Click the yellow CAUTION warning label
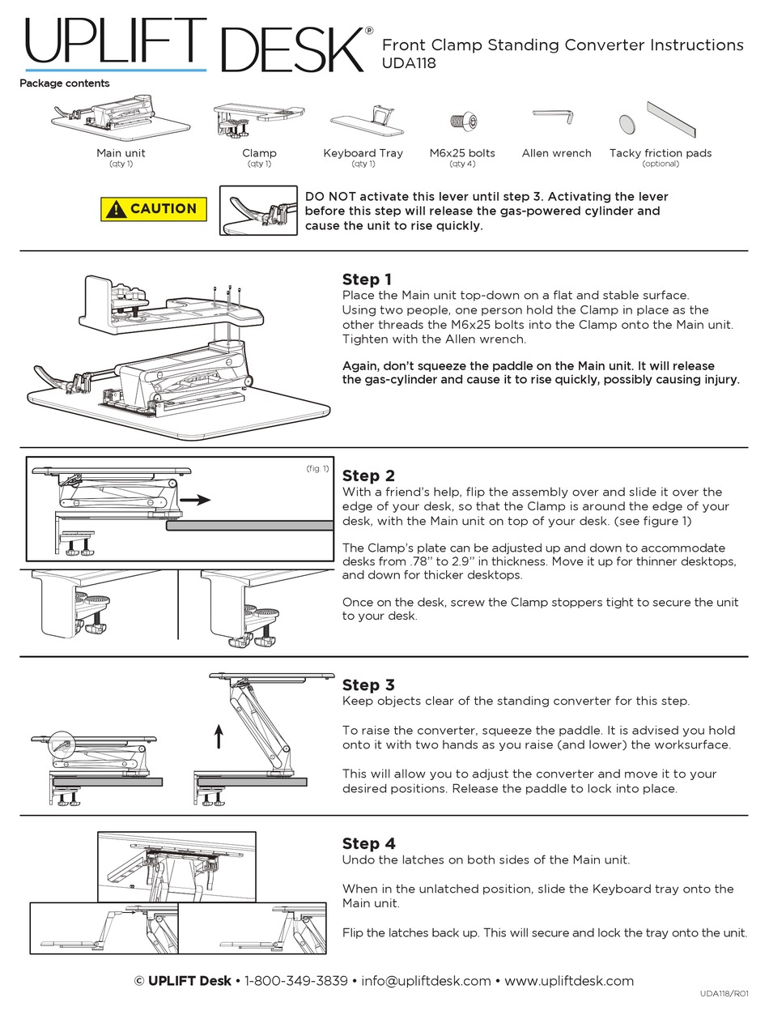pyautogui.click(x=154, y=209)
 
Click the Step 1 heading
pyautogui.click(x=368, y=279)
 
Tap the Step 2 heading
pyautogui.click(x=368, y=476)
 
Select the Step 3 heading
pyautogui.click(x=368, y=685)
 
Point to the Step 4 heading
pyautogui.click(x=368, y=843)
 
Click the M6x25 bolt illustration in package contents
pyautogui.click(x=461, y=122)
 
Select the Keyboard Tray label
pyautogui.click(x=363, y=153)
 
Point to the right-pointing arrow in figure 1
pyautogui.click(x=194, y=501)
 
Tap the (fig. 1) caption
pyautogui.click(x=317, y=469)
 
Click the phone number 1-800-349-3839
pyautogui.click(x=295, y=981)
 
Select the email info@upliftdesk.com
pyautogui.click(x=426, y=981)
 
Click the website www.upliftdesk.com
pyautogui.click(x=569, y=981)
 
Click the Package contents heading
pyautogui.click(x=65, y=83)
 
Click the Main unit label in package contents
pyautogui.click(x=121, y=153)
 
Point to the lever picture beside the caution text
pyautogui.click(x=257, y=211)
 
